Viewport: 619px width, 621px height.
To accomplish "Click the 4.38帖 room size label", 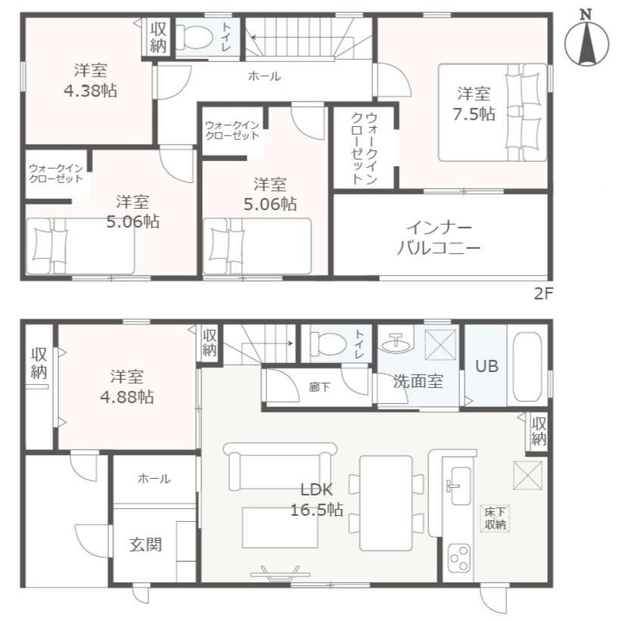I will [90, 90].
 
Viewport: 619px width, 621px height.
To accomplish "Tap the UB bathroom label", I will [487, 365].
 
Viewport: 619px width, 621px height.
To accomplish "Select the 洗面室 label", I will [417, 381].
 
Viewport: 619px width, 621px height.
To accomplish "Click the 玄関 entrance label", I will [144, 545].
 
